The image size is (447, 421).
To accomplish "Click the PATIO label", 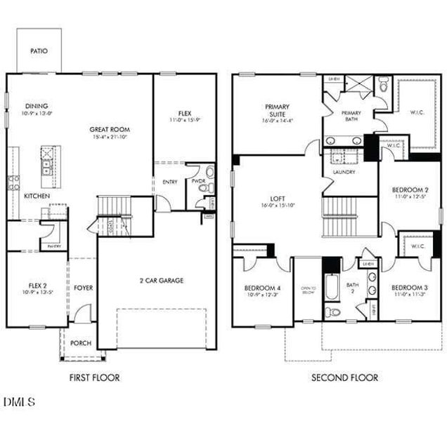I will click(x=39, y=51).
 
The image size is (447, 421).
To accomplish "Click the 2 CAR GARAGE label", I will click(x=161, y=281).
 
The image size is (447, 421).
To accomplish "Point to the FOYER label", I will click(x=84, y=288).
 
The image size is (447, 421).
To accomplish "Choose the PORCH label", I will click(x=82, y=343).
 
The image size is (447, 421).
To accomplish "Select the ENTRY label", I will click(x=170, y=182).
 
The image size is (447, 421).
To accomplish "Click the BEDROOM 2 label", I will click(x=410, y=190).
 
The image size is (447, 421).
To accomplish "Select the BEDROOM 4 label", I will click(x=263, y=288).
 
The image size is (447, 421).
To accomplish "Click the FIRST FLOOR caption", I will click(x=94, y=377).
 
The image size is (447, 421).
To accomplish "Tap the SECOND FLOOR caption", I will click(x=344, y=377).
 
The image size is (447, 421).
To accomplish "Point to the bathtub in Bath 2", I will click(x=331, y=289).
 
